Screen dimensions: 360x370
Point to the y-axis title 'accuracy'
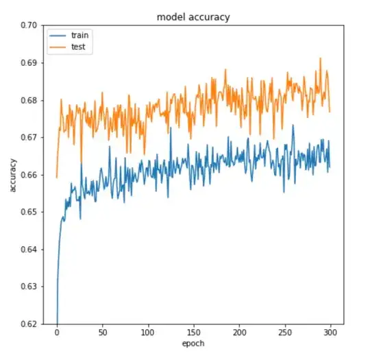pyautogui.click(x=13, y=174)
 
